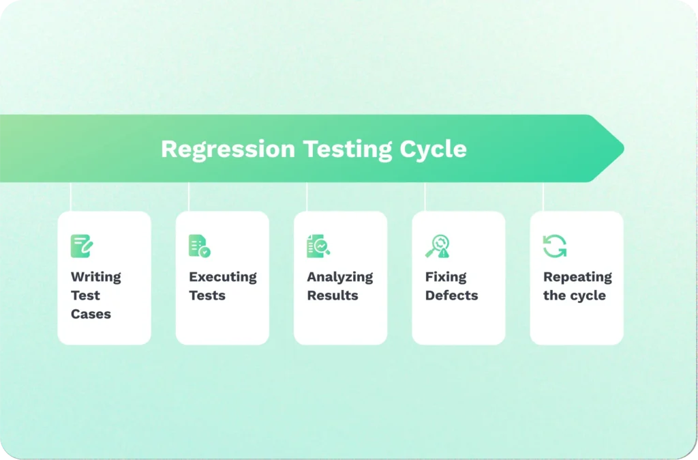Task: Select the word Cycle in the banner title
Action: (434, 149)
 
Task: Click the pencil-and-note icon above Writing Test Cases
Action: (82, 246)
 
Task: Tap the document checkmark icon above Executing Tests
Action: (200, 246)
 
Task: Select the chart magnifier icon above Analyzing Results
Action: (318, 246)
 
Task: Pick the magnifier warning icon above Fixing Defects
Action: (437, 246)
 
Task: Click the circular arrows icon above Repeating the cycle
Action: (555, 246)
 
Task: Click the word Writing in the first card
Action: (95, 277)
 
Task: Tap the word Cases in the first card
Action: (91, 314)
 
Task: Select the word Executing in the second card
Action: (222, 277)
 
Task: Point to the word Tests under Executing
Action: (207, 296)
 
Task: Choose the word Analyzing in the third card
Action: (339, 277)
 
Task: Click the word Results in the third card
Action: (332, 296)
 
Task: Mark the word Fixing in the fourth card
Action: (446, 277)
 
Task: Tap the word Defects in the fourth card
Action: (451, 296)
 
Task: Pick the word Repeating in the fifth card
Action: (577, 277)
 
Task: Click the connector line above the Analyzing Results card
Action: (307, 197)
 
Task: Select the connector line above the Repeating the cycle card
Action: (543, 197)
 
